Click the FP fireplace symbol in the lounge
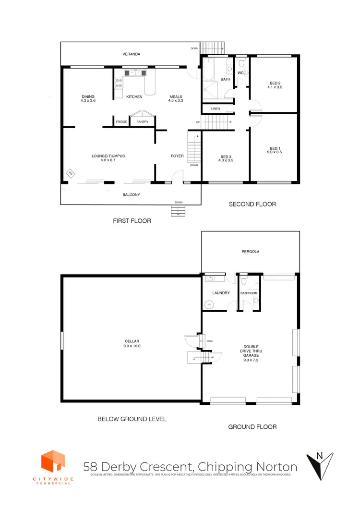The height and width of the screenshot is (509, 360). (70, 173)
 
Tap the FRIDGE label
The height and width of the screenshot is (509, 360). (121, 122)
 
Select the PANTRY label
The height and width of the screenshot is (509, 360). (142, 122)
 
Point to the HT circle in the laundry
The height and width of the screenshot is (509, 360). (209, 304)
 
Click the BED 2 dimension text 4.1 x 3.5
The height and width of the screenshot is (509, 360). (275, 87)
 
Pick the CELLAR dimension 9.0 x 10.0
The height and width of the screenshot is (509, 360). (132, 345)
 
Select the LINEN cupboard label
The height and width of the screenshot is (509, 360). (215, 109)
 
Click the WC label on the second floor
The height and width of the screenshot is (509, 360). (240, 73)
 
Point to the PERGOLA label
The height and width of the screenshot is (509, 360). (251, 251)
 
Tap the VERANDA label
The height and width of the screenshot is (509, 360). (131, 54)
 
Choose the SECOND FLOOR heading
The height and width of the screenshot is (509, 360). (252, 204)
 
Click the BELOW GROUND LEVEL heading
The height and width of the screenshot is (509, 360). (132, 419)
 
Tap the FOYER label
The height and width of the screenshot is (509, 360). (178, 156)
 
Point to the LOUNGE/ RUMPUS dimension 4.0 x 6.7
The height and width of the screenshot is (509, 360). (108, 160)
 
